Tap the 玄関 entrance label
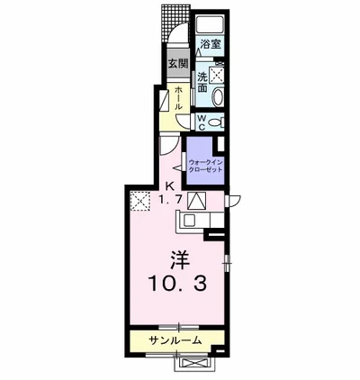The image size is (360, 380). [178, 64]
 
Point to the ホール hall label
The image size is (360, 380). [178, 98]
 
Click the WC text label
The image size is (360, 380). [202, 121]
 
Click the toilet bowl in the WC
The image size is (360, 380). [217, 121]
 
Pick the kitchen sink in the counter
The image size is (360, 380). [193, 220]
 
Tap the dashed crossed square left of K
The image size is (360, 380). [140, 201]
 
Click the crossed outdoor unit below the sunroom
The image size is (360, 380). [193, 362]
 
